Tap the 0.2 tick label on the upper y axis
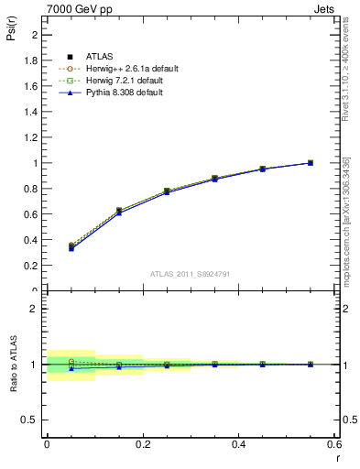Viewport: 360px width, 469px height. pos(33,266)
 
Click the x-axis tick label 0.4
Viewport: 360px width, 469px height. pos(238,443)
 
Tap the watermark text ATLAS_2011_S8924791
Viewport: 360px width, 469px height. pos(191,273)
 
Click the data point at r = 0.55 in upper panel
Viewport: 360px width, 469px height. pos(311,163)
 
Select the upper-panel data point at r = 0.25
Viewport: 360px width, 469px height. pos(167,191)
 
